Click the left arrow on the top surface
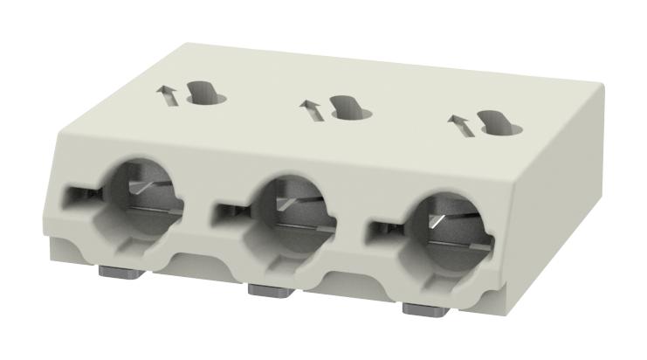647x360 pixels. point(167,94)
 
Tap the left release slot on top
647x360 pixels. point(206,91)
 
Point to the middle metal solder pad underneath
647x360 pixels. point(266,288)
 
